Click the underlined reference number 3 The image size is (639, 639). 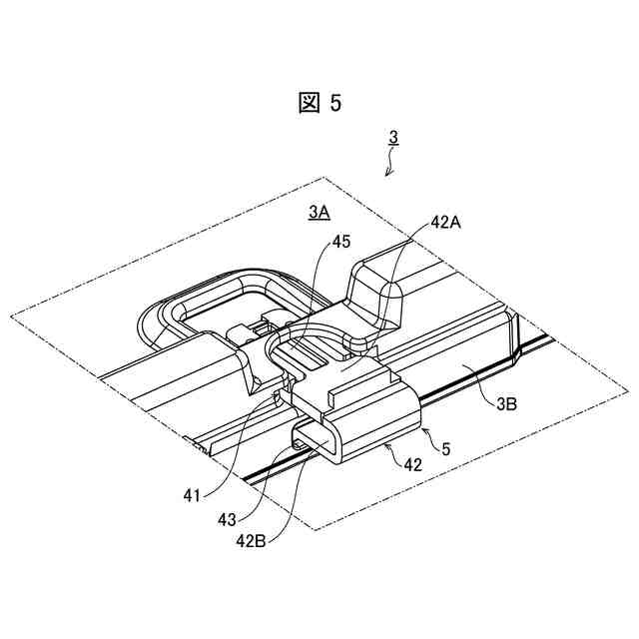[x=393, y=137]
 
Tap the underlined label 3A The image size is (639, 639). [x=319, y=212]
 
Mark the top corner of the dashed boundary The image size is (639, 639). [x=321, y=178]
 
